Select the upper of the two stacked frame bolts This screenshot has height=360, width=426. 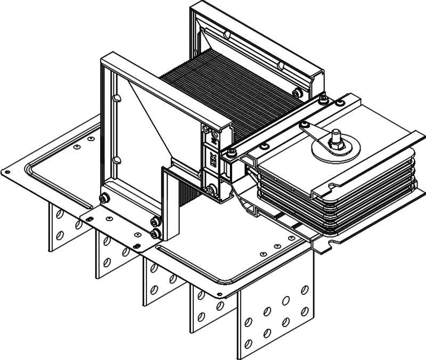click(154, 223)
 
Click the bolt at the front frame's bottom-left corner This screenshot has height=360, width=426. click(104, 198)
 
